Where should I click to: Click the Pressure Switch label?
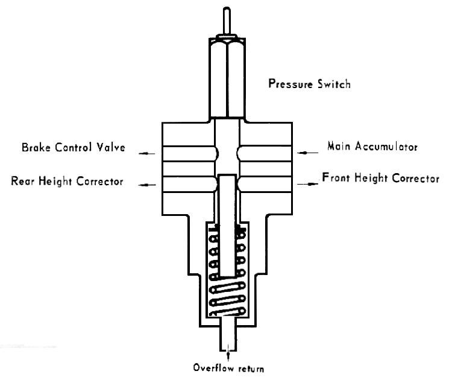[309, 84]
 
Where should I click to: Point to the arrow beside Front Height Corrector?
[311, 183]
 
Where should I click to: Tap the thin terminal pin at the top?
[226, 21]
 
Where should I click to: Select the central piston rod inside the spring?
[226, 223]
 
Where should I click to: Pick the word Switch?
[336, 84]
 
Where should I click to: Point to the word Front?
[335, 179]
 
